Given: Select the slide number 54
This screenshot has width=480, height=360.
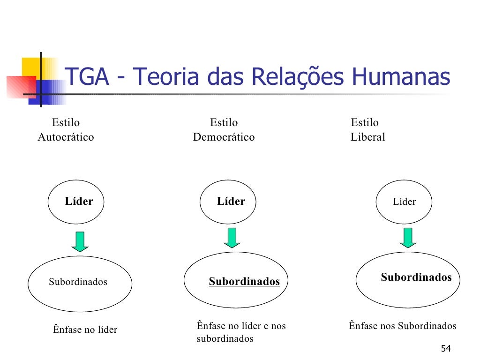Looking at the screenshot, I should [446, 349].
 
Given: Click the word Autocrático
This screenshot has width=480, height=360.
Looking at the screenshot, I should [66, 137].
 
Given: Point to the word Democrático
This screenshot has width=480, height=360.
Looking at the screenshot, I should [224, 137].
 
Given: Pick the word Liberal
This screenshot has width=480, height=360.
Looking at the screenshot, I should [367, 137].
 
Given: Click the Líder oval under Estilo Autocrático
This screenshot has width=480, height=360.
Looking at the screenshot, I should [76, 202].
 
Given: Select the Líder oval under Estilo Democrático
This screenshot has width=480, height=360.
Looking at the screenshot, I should [228, 202].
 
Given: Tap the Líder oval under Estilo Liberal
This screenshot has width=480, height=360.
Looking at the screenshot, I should [404, 202].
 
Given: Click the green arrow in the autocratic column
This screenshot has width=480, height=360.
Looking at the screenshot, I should [80, 241].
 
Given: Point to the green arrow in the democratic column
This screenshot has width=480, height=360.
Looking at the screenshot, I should [232, 238].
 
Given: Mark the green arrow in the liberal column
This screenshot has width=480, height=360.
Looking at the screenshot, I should [408, 238].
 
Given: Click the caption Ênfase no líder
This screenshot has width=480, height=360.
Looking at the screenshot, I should [85, 330].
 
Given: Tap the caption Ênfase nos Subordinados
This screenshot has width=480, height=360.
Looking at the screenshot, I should [402, 326].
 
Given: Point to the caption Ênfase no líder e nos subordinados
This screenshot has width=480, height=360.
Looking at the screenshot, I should [241, 332].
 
